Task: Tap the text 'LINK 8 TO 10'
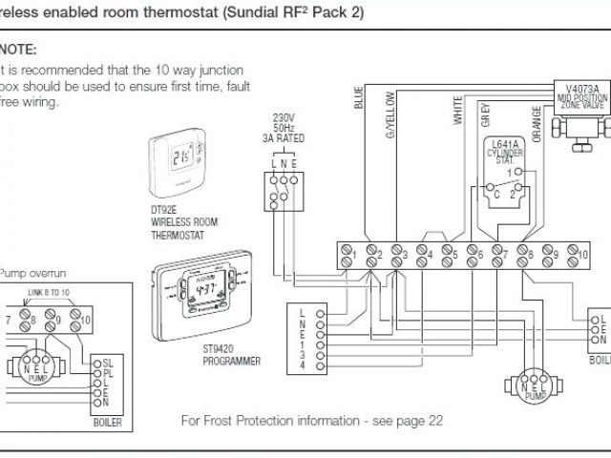tap(50, 291)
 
